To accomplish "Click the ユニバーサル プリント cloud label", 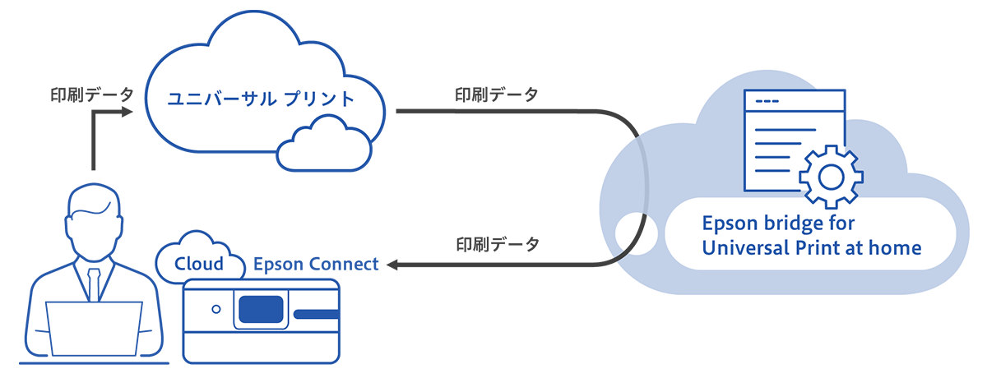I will pos(261,99).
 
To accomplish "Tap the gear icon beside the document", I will pos(830,176).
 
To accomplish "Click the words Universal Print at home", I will pos(811,247).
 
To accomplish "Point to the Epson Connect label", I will pos(316,264).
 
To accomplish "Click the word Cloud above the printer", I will pos(199,264).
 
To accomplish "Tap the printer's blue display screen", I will pos(261,310).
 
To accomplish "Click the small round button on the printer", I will pos(215,310).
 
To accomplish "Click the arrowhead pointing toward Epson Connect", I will pos(392,265).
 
